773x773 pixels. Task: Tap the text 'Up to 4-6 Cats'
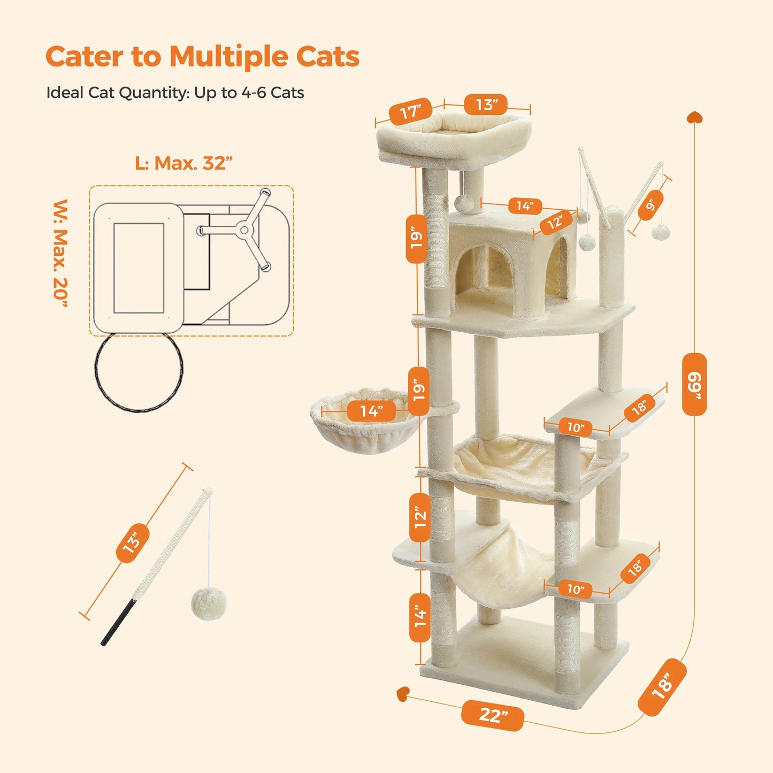coord(249,93)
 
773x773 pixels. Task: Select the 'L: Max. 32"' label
coord(183,163)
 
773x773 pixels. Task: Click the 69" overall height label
coord(694,384)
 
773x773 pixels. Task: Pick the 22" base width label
coord(492,715)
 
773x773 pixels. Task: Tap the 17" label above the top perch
coord(410,112)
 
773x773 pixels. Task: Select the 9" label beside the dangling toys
coord(650,205)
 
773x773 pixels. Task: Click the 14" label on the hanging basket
coord(371,411)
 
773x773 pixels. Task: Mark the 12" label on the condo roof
coord(555,222)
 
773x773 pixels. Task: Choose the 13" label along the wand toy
coord(132,542)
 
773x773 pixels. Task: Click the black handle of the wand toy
coord(119,622)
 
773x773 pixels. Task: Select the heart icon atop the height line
coord(694,117)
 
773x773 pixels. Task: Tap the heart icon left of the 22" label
coord(403,694)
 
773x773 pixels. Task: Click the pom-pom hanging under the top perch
coord(464,203)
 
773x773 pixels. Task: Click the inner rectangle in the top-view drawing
coord(139,268)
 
